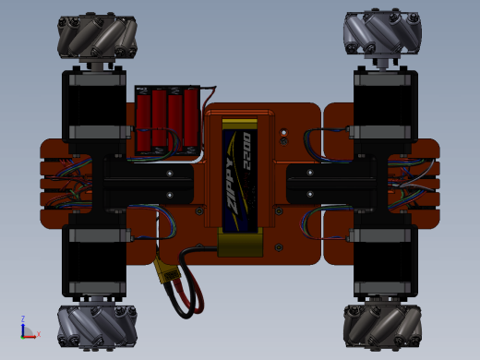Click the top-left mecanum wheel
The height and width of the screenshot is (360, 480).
(x=97, y=36)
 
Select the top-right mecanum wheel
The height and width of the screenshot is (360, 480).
(x=382, y=34)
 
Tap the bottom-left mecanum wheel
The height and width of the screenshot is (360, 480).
(x=97, y=326)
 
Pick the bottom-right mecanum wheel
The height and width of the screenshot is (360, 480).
(x=382, y=326)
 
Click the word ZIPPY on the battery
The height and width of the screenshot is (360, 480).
(x=233, y=186)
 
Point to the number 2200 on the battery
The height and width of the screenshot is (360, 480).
(x=247, y=150)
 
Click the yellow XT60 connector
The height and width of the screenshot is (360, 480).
(x=168, y=271)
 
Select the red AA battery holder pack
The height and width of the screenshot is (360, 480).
(x=168, y=120)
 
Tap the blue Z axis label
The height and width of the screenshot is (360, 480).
(x=23, y=318)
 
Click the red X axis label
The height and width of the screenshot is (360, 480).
(x=39, y=334)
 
